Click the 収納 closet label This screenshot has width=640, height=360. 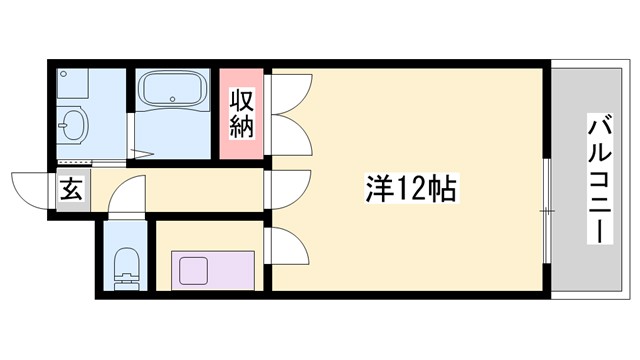[243, 113]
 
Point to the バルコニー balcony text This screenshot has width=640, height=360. [600, 181]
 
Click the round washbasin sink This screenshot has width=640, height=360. [72, 126]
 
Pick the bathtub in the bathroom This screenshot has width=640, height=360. [173, 93]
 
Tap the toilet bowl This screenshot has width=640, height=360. [125, 264]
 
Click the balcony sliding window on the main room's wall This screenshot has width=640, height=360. [548, 210]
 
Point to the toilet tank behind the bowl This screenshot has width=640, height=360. [125, 283]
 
